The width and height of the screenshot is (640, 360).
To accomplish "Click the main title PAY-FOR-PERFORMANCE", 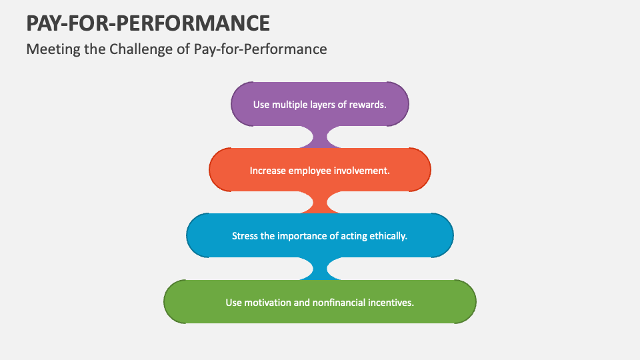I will click(148, 23).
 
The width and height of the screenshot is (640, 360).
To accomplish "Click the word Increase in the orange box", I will click(267, 171).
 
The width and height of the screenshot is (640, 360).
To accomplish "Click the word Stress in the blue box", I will click(244, 236).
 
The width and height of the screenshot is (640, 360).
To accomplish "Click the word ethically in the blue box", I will click(387, 236).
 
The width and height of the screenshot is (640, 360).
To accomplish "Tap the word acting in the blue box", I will click(353, 236).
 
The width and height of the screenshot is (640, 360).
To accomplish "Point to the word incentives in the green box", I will click(392, 302).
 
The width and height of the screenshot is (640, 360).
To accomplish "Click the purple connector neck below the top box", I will click(320, 138).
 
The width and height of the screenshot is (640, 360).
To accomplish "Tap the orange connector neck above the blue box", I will click(320, 203).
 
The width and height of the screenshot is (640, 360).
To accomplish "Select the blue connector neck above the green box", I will click(320, 269).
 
